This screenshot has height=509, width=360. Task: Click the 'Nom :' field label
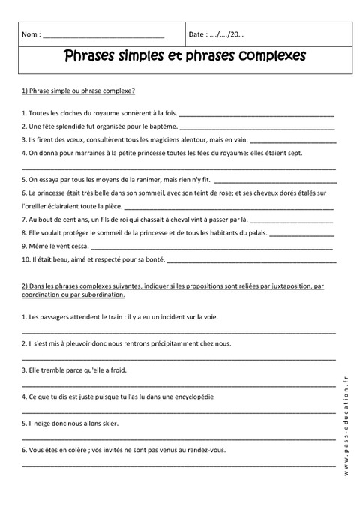(32, 34)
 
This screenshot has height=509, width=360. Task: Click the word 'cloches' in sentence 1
(70, 114)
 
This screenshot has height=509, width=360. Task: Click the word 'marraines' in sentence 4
(87, 154)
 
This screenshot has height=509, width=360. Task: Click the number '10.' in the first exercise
(27, 259)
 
